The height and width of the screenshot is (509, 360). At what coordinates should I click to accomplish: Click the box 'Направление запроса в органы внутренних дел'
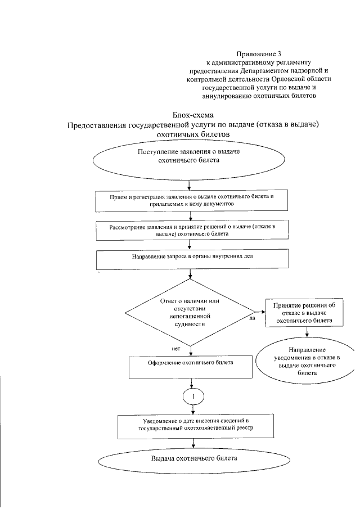click(x=192, y=258)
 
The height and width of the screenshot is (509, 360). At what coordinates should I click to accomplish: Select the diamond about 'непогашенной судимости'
click(x=190, y=312)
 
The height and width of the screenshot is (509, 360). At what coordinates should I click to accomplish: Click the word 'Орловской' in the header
click(x=289, y=80)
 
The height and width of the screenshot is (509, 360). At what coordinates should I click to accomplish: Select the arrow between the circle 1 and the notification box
click(x=193, y=411)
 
